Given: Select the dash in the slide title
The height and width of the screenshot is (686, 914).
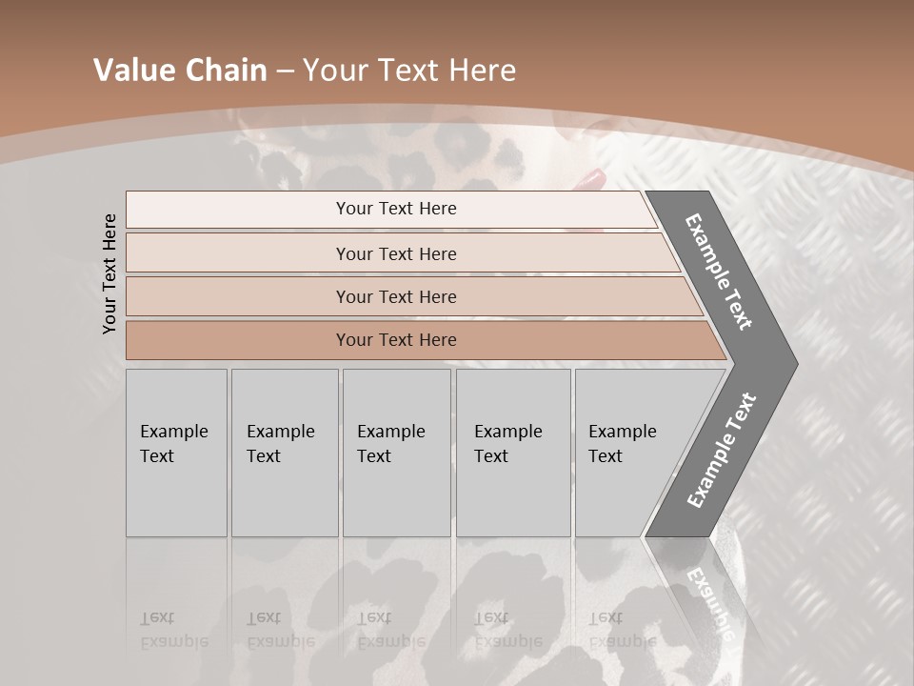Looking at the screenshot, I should (285, 71).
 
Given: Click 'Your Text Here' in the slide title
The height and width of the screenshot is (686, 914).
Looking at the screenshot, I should (409, 71).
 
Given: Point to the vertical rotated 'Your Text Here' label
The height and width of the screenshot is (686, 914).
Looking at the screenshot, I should (109, 274).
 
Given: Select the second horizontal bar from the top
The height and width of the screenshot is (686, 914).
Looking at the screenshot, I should (395, 253).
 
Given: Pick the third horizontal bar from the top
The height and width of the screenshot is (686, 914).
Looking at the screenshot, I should (395, 296).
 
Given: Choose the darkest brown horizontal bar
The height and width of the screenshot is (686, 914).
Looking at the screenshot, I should (395, 340).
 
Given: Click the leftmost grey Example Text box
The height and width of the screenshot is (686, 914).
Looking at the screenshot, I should (176, 453).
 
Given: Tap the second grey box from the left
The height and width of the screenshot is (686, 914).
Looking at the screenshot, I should (284, 453).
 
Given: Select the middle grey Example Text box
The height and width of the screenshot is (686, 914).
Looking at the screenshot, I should (396, 453).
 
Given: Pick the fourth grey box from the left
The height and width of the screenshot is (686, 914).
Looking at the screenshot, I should (512, 453).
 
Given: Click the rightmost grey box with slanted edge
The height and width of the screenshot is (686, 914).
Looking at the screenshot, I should (628, 453).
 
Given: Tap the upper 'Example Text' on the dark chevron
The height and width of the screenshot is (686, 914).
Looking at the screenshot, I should (719, 272).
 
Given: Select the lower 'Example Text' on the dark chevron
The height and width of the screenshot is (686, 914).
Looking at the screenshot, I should (721, 450).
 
